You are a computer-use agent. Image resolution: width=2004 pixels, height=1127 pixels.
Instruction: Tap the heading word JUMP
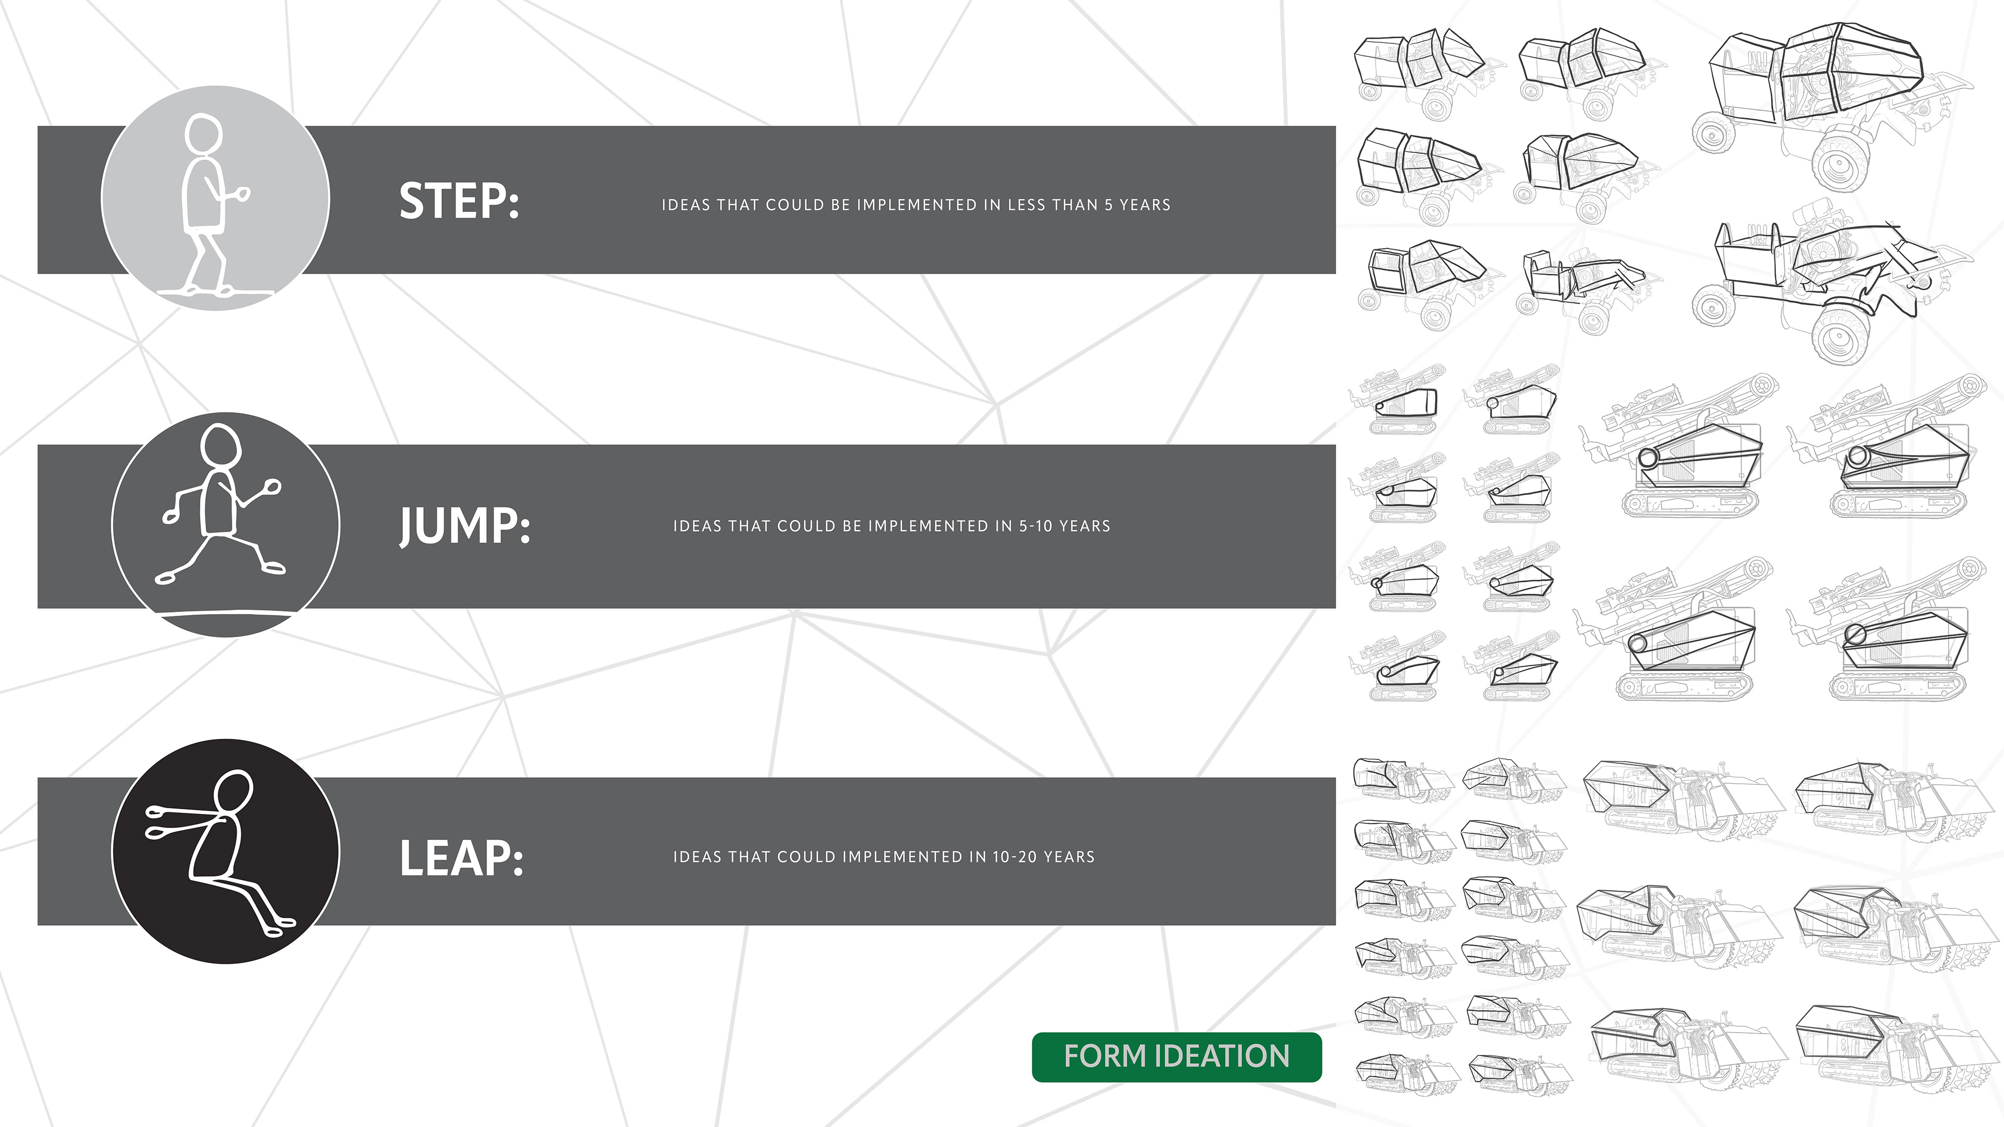464,526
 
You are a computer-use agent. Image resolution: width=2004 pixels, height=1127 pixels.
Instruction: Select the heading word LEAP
460,858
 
